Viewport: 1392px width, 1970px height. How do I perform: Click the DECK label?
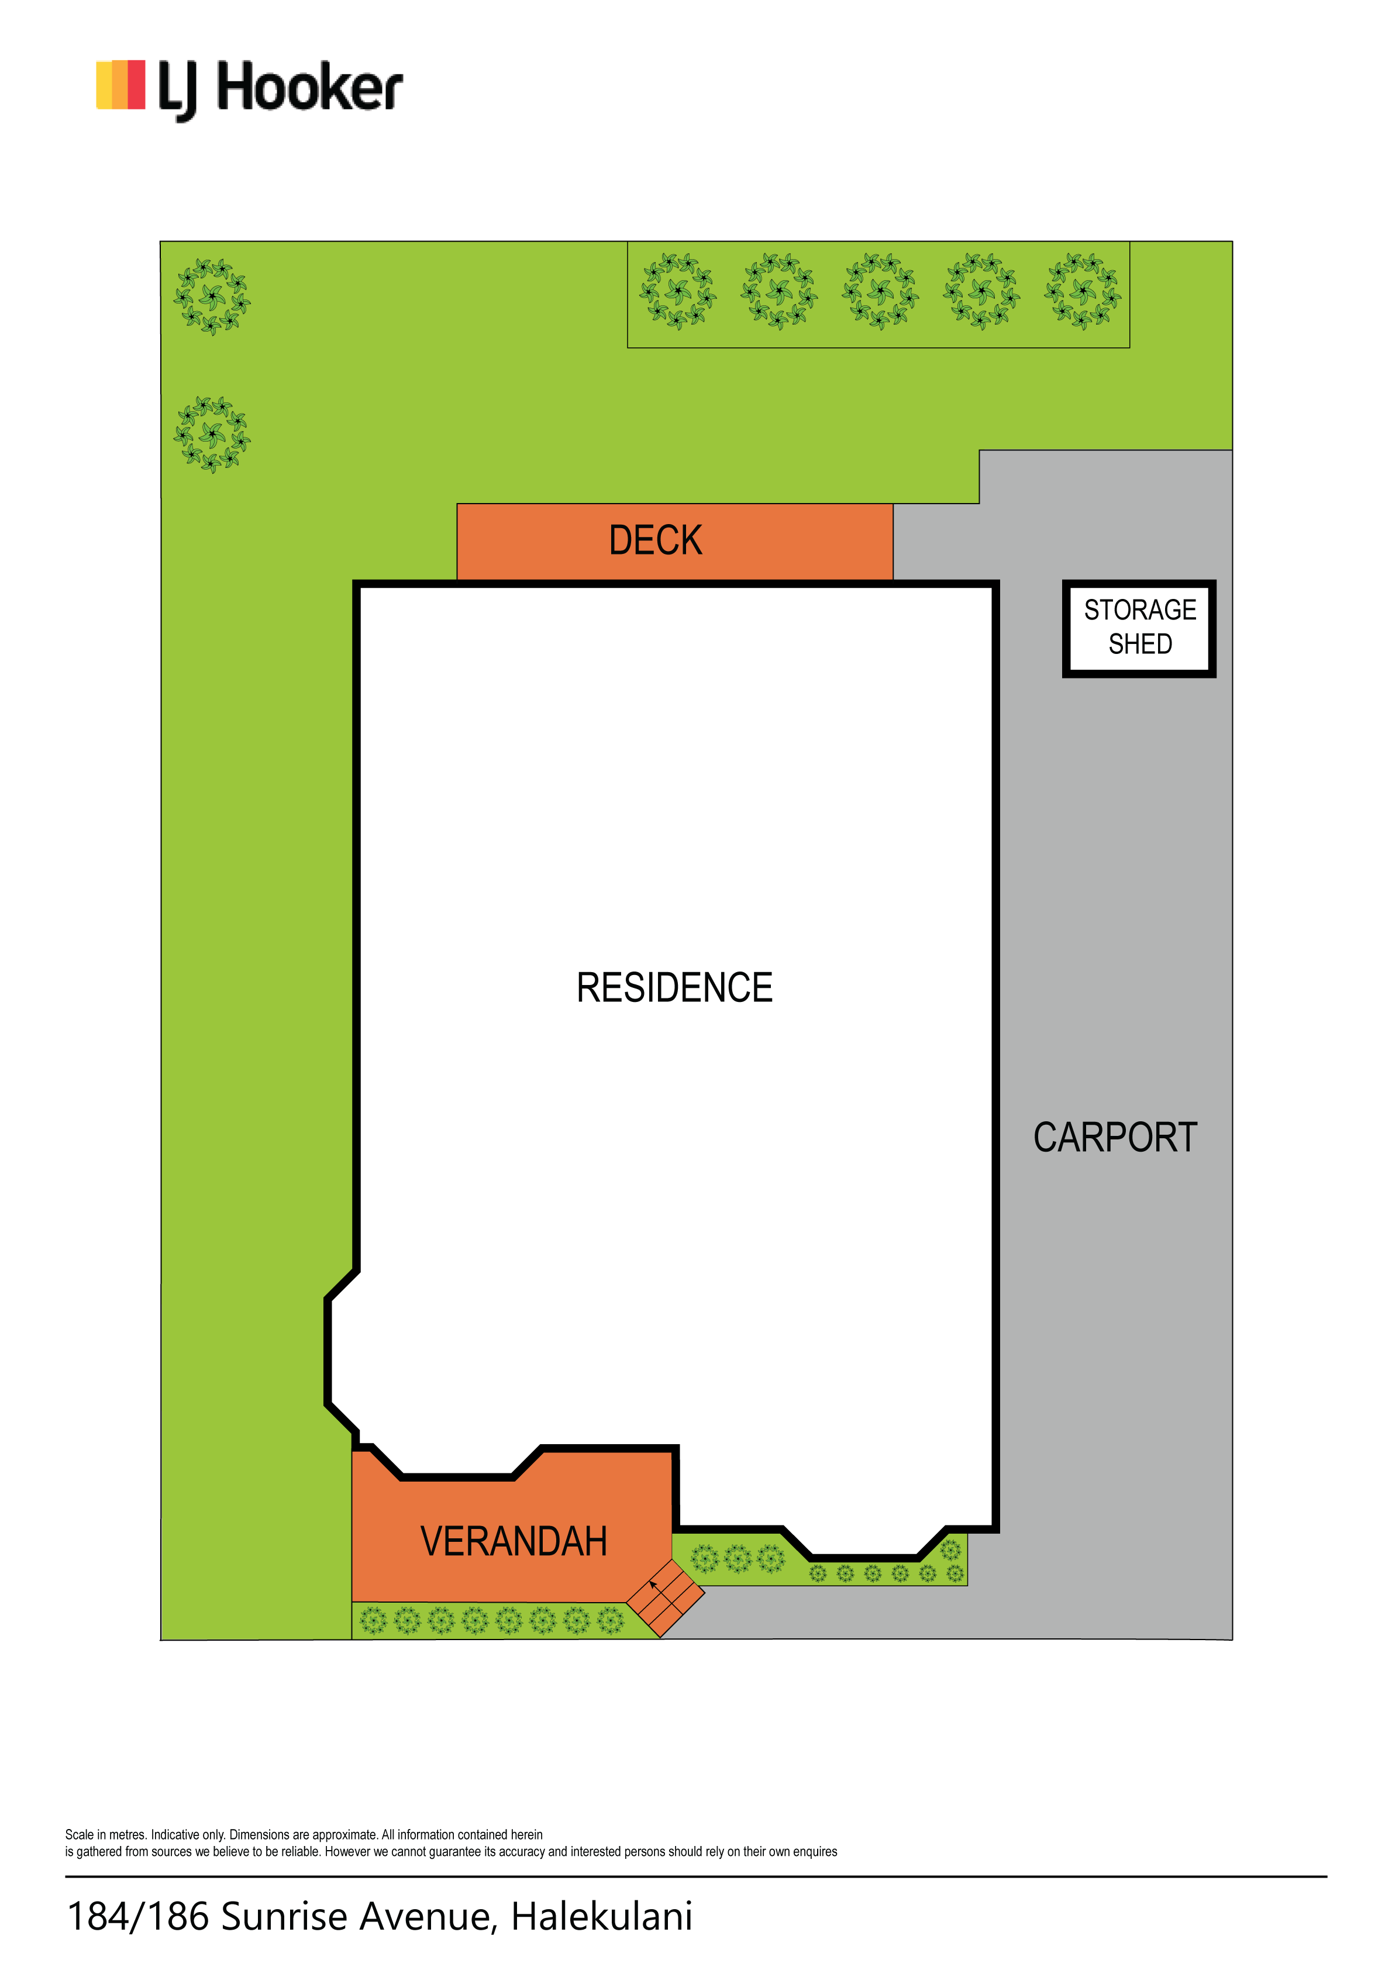pos(656,540)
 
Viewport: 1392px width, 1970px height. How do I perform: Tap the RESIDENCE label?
pos(674,987)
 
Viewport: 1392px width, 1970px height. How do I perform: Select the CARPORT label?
pos(1115,1138)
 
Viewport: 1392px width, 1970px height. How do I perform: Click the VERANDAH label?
pos(514,1542)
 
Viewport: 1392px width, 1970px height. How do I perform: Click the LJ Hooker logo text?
pos(281,89)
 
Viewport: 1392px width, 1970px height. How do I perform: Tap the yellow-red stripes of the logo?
pos(120,85)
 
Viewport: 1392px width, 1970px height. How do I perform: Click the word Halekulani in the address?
pos(602,1917)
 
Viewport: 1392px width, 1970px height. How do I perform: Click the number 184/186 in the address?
pos(138,1917)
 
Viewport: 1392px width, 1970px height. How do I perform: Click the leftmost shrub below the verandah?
pos(373,1621)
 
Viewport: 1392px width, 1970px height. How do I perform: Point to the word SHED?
pos(1140,643)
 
